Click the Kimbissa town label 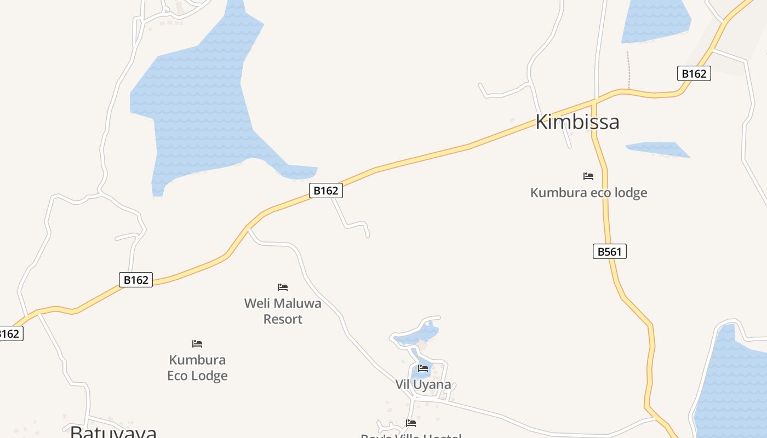click(x=577, y=122)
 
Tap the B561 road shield click(x=609, y=251)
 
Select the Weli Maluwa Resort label click(x=283, y=310)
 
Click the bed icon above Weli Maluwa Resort click(x=283, y=287)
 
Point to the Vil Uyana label click(x=423, y=384)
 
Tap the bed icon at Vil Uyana click(x=423, y=368)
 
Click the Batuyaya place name click(x=113, y=432)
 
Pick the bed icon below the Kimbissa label click(x=588, y=176)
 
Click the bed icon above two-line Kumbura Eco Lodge click(x=197, y=344)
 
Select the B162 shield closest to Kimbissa click(x=694, y=73)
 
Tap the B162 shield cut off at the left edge click(x=10, y=333)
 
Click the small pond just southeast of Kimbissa click(x=657, y=149)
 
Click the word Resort click(x=283, y=319)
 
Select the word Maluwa click(x=300, y=303)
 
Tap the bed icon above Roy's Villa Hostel click(x=411, y=423)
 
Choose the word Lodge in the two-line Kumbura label click(x=209, y=376)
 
